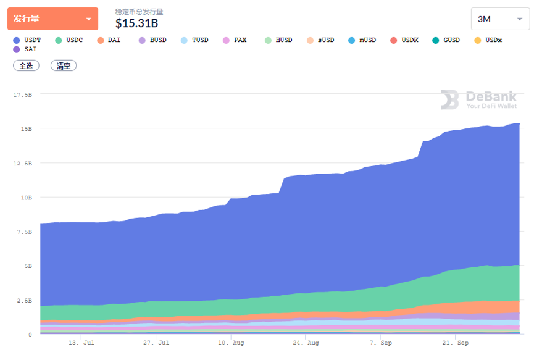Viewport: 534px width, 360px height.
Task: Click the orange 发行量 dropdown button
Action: click(52, 19)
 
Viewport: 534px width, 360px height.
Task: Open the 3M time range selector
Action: click(500, 19)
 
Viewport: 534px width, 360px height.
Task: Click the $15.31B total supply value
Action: click(136, 23)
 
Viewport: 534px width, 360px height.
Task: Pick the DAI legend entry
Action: click(109, 40)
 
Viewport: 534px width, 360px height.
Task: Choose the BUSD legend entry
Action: click(152, 40)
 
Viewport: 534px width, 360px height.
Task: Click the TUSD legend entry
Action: click(194, 40)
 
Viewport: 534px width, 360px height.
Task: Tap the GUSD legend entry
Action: click(446, 40)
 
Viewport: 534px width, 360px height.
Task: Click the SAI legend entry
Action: click(25, 49)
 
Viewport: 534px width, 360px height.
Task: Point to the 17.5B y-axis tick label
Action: click(22, 94)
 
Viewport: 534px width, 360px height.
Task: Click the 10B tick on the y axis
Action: click(25, 198)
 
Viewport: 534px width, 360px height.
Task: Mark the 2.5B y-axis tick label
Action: click(23, 301)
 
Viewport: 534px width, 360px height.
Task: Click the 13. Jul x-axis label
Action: click(81, 342)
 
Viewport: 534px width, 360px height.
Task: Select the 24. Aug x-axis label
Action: click(306, 342)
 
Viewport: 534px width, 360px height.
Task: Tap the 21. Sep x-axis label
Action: click(456, 342)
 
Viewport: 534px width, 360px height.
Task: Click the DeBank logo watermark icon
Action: click(450, 100)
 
